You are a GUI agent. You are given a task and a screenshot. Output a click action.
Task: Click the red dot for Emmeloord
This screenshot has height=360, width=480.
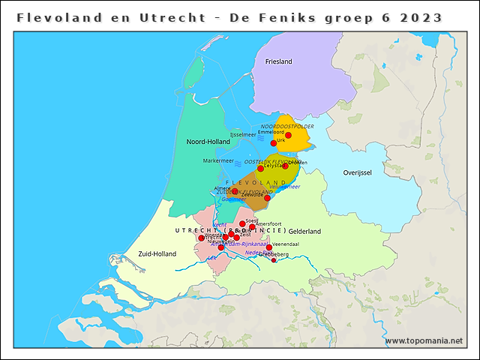tap(288, 136)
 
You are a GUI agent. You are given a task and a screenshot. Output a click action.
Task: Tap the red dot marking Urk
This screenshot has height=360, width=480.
tap(274, 142)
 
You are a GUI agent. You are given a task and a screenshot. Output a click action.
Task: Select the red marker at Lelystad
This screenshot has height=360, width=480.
tap(260, 169)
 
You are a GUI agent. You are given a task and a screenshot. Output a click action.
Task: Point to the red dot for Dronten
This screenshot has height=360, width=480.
tap(285, 166)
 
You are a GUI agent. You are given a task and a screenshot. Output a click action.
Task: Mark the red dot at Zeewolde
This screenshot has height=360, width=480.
tap(267, 198)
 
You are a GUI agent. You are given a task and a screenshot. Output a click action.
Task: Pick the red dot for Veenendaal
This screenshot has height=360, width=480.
tap(268, 247)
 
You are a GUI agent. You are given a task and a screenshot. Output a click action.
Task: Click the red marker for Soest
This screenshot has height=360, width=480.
tap(242, 223)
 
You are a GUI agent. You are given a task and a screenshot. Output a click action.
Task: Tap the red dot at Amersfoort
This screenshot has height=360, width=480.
tap(252, 227)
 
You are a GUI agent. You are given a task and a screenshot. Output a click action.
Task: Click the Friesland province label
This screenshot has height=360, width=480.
tap(278, 61)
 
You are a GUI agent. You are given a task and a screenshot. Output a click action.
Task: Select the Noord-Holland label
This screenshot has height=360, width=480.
tap(208, 141)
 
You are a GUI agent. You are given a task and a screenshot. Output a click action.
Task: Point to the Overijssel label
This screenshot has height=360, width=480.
tap(357, 172)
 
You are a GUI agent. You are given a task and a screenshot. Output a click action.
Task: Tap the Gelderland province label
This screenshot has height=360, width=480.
tap(304, 231)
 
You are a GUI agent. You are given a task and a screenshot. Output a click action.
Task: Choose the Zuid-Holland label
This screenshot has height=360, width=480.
tap(156, 254)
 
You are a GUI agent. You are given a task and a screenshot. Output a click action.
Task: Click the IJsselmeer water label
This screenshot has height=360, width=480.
tap(243, 134)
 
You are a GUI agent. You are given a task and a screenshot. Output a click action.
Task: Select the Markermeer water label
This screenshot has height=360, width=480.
tap(218, 160)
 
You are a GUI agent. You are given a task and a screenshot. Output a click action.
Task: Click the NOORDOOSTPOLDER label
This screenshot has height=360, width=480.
tap(286, 126)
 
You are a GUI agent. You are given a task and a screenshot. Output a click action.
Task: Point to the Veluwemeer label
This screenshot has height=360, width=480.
tap(285, 187)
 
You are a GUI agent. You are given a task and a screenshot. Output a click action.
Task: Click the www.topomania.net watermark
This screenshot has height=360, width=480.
tap(423, 341)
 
